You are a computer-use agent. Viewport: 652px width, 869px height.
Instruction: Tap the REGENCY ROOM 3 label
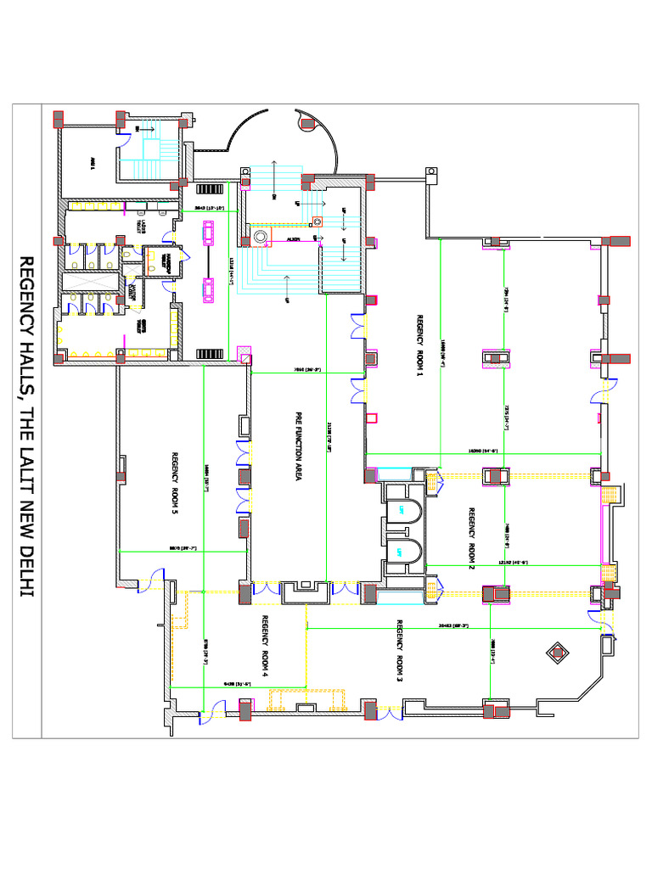(398, 651)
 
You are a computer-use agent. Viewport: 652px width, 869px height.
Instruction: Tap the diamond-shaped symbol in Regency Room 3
(557, 652)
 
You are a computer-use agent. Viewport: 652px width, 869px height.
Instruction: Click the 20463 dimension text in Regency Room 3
(450, 626)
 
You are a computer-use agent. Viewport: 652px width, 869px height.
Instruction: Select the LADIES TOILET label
(142, 226)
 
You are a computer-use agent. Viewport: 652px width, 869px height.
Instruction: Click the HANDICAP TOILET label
(168, 261)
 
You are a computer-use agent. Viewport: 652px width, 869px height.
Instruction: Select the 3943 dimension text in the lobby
(209, 208)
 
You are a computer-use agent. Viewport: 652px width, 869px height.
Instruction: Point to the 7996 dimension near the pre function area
(306, 371)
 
